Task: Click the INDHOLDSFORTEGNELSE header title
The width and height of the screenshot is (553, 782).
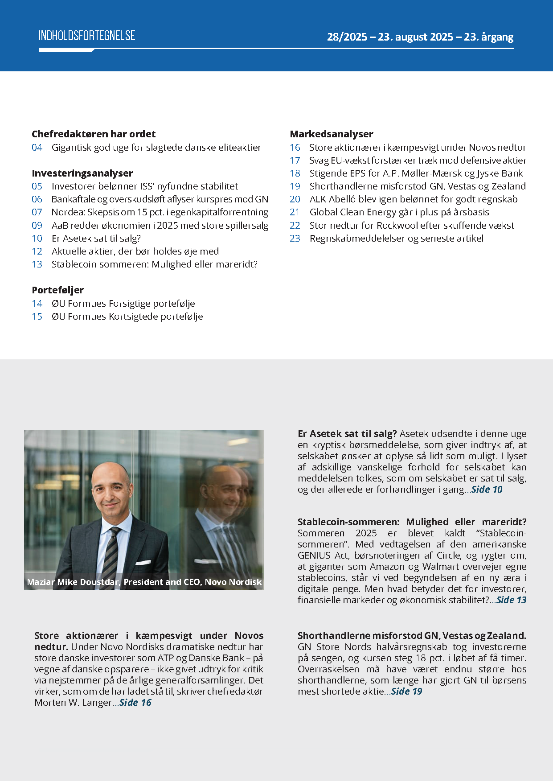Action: [87, 36]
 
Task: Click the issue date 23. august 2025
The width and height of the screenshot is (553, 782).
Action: [415, 37]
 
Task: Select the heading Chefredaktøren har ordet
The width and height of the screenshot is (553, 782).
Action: [94, 134]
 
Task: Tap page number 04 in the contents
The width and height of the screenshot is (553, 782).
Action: [37, 148]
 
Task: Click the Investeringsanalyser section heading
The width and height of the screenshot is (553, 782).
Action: [82, 173]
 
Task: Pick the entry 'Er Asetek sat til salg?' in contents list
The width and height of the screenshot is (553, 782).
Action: [96, 238]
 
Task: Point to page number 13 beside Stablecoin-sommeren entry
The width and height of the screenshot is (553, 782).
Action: [37, 264]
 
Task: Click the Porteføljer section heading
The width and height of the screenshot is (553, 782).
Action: [58, 290]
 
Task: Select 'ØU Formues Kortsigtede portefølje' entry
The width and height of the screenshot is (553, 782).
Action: [127, 317]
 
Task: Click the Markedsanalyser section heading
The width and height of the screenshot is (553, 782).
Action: [332, 134]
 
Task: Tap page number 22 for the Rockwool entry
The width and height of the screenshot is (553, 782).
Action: [295, 226]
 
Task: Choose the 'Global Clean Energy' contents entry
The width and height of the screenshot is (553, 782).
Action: [399, 212]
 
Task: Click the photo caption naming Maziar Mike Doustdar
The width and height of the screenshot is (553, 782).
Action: [144, 582]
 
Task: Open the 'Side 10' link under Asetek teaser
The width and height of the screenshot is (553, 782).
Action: [487, 490]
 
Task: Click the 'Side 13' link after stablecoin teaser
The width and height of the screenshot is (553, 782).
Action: [511, 600]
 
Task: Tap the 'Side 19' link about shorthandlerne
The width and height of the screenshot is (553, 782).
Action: [406, 691]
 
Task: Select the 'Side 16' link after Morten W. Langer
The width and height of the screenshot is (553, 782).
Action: [135, 703]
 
